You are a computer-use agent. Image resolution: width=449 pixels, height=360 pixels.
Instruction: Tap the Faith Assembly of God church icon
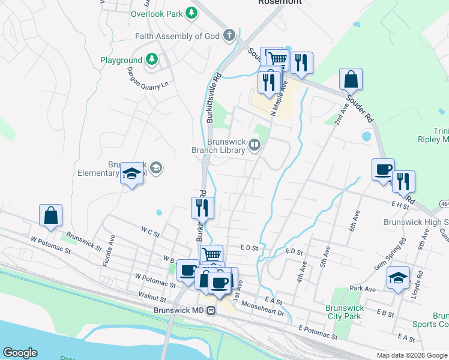(229, 35)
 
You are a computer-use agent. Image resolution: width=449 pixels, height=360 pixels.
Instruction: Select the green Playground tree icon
(152, 59)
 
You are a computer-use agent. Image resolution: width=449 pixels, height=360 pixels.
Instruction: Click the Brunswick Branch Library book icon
(255, 145)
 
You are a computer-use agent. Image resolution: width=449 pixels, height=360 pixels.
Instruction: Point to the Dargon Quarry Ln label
(147, 79)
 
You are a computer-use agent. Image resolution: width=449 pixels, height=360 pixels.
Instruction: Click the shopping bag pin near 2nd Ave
(351, 79)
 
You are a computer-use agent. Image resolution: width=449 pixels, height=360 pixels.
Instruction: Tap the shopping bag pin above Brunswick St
(51, 216)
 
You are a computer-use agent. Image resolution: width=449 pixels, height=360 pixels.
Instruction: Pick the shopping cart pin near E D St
(211, 255)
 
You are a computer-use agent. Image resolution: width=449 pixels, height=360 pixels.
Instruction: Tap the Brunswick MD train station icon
(211, 310)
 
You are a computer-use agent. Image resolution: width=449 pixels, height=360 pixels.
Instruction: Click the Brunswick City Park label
(344, 311)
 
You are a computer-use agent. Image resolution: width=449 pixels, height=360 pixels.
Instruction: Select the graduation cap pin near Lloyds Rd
(398, 278)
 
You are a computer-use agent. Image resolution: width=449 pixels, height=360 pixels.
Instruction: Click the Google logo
(20, 353)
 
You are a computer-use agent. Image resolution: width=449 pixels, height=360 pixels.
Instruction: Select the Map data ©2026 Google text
(411, 355)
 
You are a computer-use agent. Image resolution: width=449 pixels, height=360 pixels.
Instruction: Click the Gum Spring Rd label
(391, 253)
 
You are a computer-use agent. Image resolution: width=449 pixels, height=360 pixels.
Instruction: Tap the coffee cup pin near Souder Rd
(383, 170)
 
